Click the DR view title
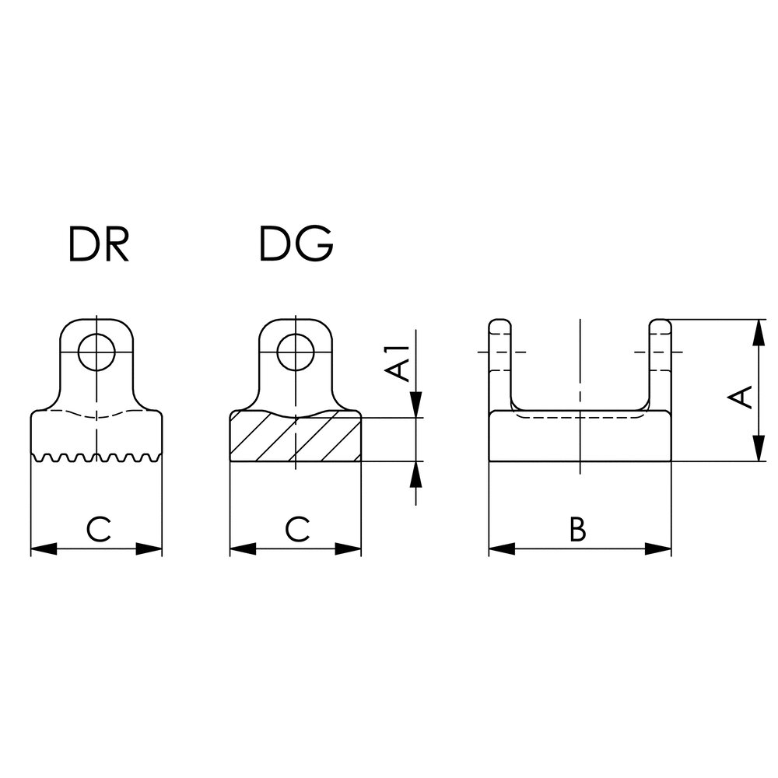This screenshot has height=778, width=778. pos(97,244)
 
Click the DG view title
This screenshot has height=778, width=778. pos(296,244)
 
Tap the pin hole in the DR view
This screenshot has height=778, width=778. pos(97,352)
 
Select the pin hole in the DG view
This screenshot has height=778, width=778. pos(296,352)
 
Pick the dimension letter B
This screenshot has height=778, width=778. pos(577,530)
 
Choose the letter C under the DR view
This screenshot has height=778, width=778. pos(98,530)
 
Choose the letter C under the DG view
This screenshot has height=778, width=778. pos(296,530)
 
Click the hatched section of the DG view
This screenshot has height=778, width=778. pos(296,440)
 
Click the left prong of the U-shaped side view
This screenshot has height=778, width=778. pos(500,362)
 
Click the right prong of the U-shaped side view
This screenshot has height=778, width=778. pos(660,362)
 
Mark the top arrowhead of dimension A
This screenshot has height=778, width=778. pos(756,331)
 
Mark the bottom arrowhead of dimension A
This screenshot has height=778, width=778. pos(756,450)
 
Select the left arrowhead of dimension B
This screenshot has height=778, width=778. pos(502,549)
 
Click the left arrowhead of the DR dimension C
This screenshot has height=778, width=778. pos(44,549)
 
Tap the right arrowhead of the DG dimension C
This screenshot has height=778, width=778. pos(349,549)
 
